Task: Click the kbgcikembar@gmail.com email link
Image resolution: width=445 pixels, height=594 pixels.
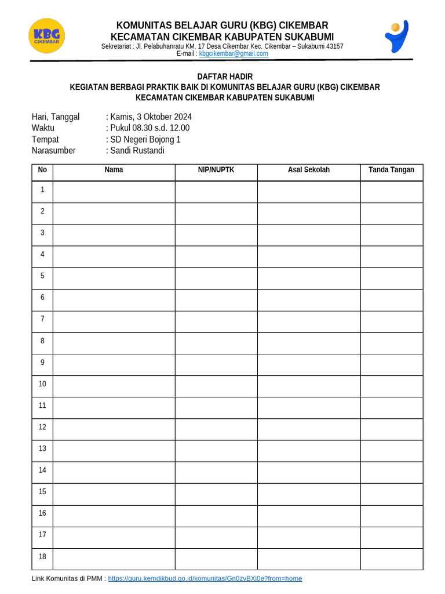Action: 234,53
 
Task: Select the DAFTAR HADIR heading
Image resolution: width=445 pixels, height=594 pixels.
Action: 225,77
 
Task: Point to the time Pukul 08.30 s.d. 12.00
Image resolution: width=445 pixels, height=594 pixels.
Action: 149,128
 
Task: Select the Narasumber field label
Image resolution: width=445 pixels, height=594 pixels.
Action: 53,150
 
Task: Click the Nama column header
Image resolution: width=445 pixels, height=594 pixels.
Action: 114,170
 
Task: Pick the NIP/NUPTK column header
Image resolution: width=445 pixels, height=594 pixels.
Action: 216,170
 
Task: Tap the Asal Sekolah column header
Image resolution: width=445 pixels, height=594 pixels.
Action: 309,170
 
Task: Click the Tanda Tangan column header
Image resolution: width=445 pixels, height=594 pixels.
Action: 392,170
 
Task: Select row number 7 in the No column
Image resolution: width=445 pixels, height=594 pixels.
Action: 42,319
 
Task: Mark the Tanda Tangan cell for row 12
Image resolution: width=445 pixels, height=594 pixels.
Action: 392,427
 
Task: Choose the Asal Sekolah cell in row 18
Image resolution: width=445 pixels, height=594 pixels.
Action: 309,556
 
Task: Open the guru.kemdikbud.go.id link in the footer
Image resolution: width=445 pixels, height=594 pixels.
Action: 205,578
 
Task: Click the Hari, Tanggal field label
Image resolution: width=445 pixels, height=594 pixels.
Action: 56,117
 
